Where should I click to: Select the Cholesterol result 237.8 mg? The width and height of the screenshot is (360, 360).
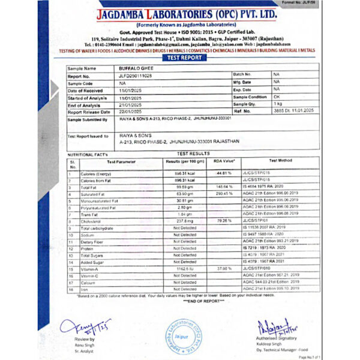[x=184, y=222]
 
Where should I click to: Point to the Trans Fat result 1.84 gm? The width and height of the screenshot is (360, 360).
[x=184, y=214]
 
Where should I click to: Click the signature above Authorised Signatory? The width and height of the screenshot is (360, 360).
[x=275, y=328]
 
